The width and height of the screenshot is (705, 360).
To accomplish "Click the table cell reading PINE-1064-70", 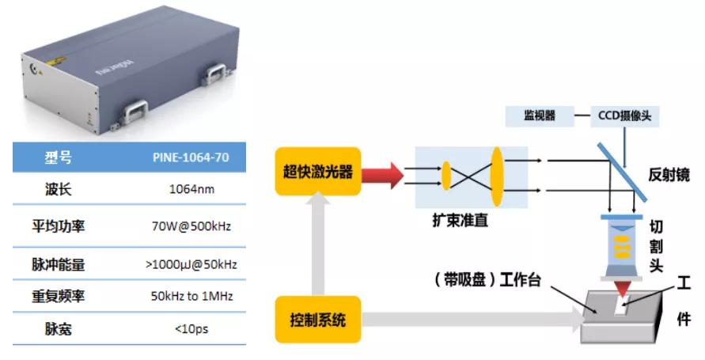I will click(x=191, y=157).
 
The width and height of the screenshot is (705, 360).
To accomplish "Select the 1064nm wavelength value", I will click(x=191, y=189).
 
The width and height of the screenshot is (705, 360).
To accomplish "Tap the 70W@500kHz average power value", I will click(x=191, y=226).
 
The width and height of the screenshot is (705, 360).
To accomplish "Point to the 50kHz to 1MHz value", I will click(x=191, y=296).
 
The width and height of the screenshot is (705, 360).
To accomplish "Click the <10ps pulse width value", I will click(x=191, y=328).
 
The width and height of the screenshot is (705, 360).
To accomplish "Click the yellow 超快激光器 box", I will click(x=317, y=171).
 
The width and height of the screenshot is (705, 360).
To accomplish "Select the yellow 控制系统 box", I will click(x=317, y=320).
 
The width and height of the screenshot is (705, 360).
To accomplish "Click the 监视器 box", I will click(x=539, y=116).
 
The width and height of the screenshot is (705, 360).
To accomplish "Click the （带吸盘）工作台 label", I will click(x=483, y=279).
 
